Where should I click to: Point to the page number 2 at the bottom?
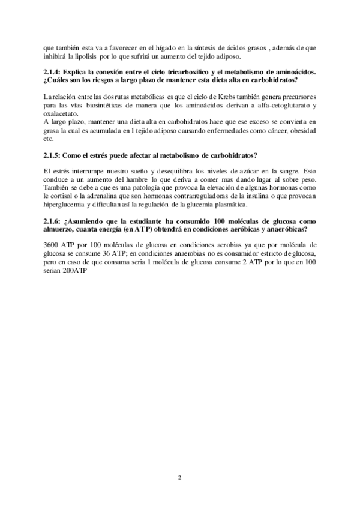[179, 477]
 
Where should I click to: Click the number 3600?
[53, 245]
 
